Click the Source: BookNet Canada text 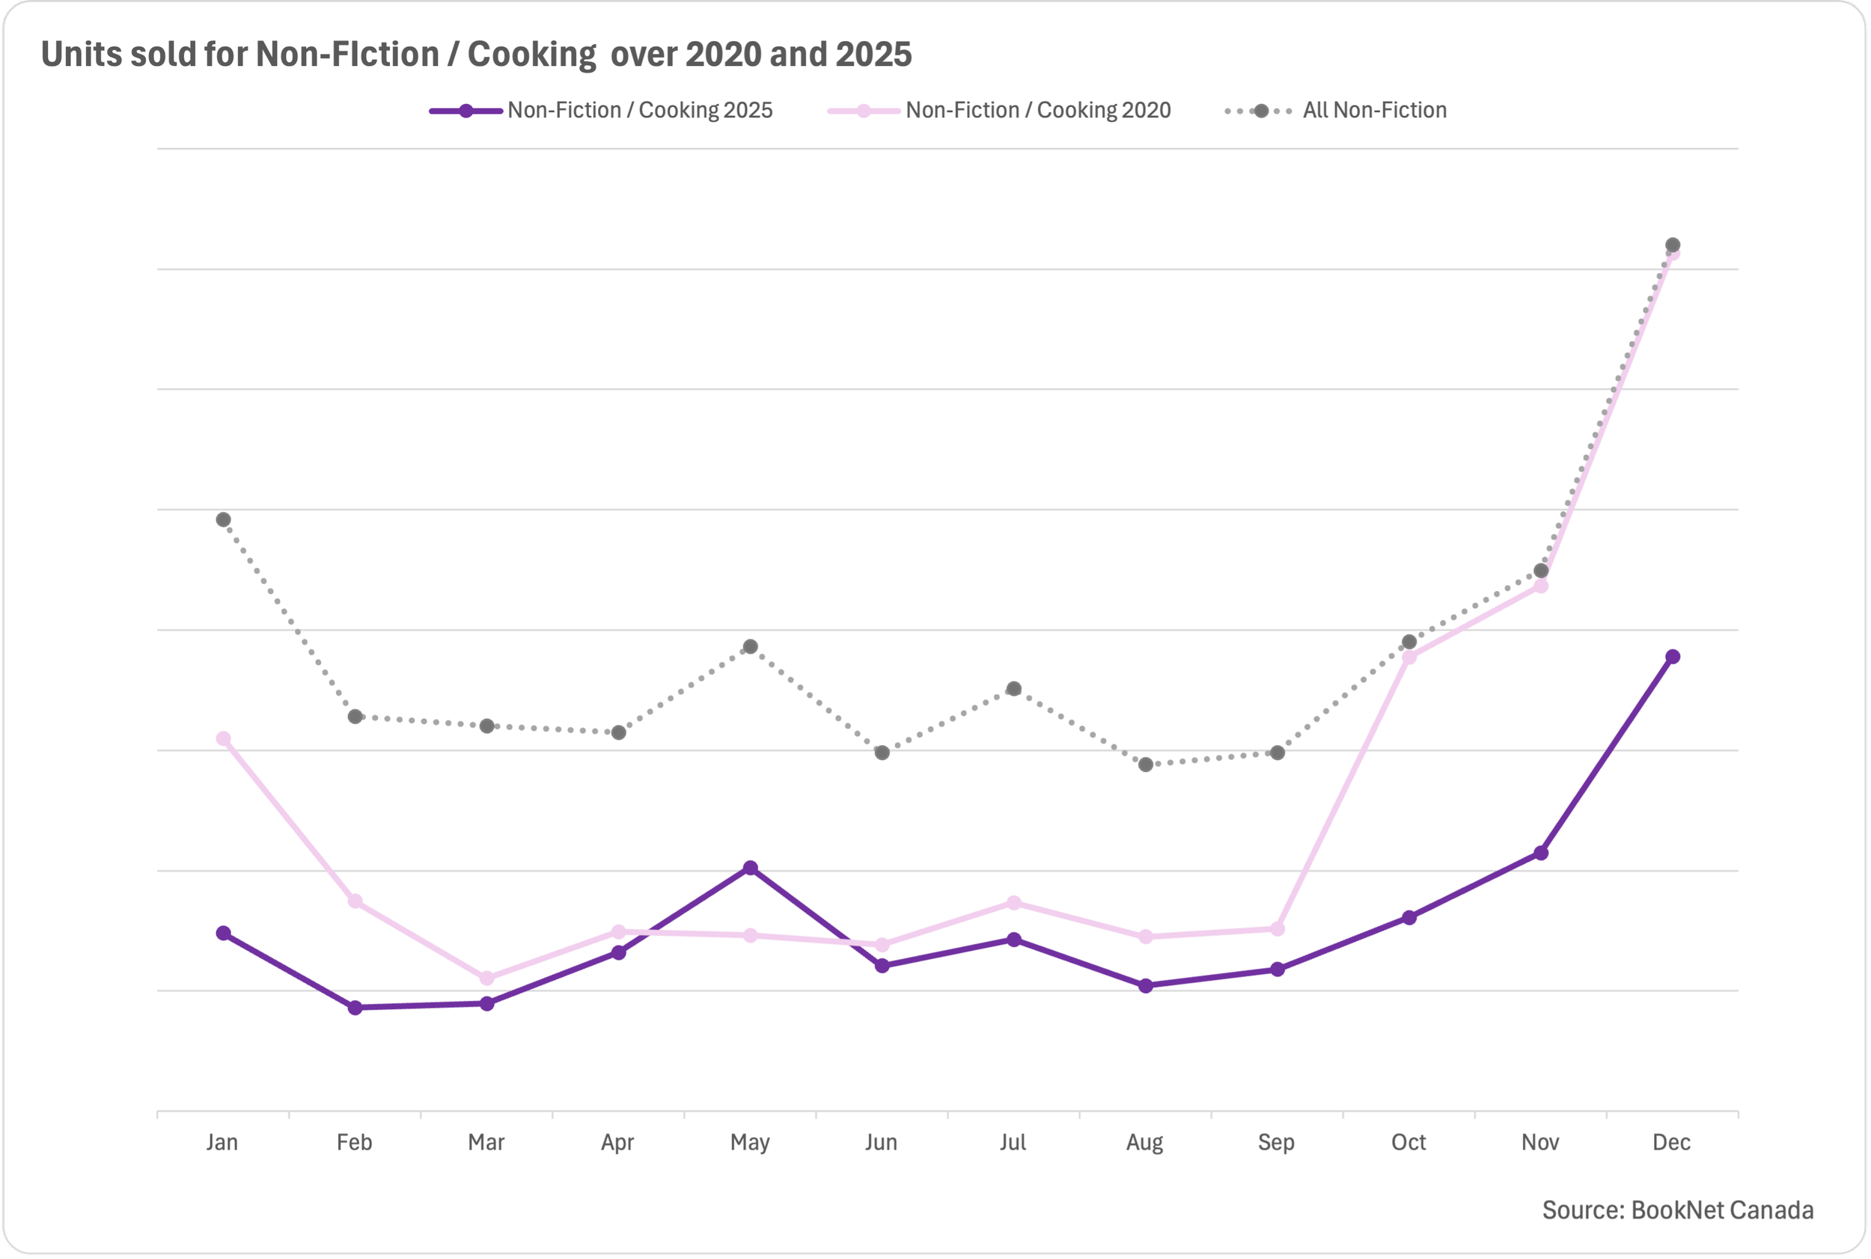(x=1677, y=1210)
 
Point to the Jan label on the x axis (x=222, y=1142)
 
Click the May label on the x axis (x=750, y=1142)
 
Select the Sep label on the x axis (x=1276, y=1142)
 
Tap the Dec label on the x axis (x=1671, y=1142)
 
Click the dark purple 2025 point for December (x=1673, y=657)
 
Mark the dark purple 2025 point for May (x=751, y=868)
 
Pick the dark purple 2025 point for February (x=355, y=1008)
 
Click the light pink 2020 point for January (x=223, y=738)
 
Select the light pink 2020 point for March (x=486, y=978)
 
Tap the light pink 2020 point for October (x=1409, y=658)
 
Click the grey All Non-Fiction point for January (x=223, y=519)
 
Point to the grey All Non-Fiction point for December (x=1673, y=245)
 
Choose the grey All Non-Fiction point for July (x=1014, y=689)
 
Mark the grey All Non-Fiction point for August (x=1146, y=765)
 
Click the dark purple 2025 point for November (x=1541, y=853)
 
